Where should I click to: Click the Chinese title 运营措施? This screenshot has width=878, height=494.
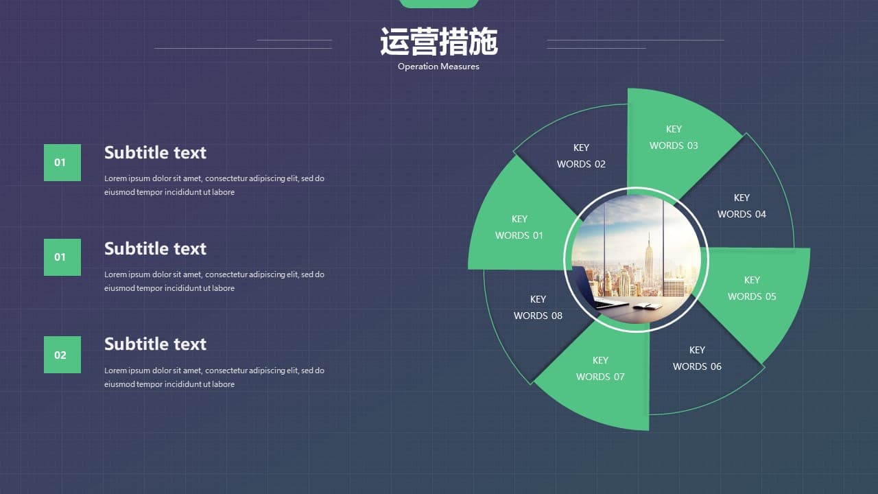(438, 41)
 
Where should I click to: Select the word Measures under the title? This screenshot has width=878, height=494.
(460, 67)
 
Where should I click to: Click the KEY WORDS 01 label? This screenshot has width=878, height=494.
(519, 227)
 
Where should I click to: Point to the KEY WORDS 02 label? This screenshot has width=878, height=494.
(581, 156)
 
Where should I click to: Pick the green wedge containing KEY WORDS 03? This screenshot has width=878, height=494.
(678, 141)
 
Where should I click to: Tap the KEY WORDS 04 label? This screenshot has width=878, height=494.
(741, 206)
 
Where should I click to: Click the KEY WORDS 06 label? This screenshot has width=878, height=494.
(697, 358)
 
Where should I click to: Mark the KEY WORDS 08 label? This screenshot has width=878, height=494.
(538, 307)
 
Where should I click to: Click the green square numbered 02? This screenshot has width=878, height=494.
(62, 355)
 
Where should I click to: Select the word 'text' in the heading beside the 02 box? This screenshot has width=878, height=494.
(190, 344)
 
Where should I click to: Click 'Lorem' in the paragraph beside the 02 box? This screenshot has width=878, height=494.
(115, 370)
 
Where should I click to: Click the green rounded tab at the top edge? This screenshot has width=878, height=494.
(438, 3)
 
